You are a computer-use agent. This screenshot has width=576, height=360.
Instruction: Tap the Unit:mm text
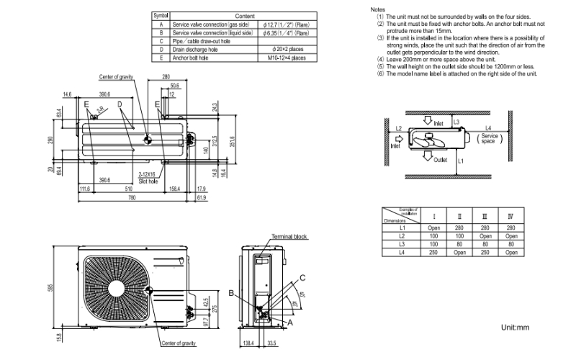[515, 328]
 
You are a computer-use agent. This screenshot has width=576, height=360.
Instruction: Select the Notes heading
[378, 9]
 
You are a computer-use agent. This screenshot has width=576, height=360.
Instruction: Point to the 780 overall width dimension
[131, 197]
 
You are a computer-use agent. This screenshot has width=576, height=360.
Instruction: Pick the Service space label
[490, 138]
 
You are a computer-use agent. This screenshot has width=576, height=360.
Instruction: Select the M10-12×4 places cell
[287, 57]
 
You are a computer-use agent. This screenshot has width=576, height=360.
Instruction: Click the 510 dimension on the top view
[129, 189]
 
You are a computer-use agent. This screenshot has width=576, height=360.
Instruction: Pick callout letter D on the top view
[121, 104]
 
